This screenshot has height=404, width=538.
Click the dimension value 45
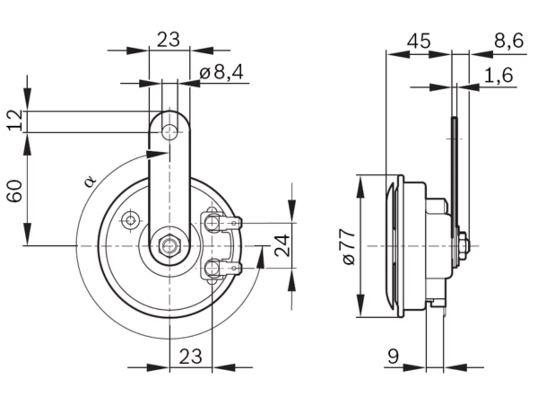(x=418, y=41)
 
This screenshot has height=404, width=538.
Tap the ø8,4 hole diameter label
(x=222, y=72)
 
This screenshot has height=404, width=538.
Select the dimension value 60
(x=14, y=191)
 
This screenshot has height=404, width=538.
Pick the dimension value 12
(x=15, y=120)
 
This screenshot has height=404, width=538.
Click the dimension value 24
(x=282, y=245)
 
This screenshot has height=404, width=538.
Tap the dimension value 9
(x=393, y=356)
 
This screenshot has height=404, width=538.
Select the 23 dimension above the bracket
(x=168, y=40)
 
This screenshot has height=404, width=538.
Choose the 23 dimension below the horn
(x=190, y=357)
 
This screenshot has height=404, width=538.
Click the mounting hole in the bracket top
(x=170, y=132)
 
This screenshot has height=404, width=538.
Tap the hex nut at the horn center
(x=170, y=245)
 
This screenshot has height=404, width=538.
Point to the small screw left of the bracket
(x=130, y=221)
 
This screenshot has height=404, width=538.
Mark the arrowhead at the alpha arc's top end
(x=157, y=154)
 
